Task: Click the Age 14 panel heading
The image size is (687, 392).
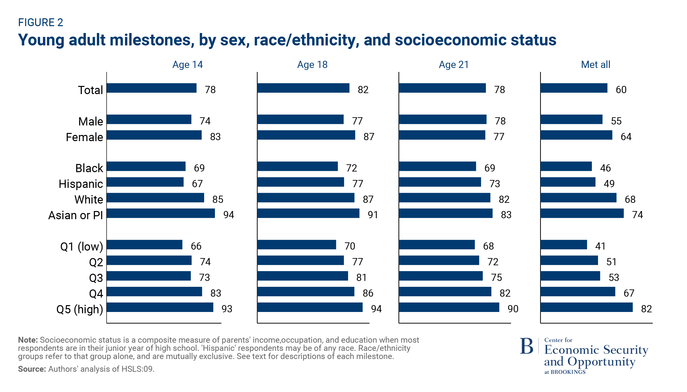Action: point(187,65)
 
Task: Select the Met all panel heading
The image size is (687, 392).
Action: point(595,65)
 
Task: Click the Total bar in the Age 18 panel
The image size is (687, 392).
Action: point(303,88)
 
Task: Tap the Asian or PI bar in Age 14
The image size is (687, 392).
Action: point(161,213)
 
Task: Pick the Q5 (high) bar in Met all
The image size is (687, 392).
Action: point(586,307)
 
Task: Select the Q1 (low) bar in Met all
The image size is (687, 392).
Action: point(563,245)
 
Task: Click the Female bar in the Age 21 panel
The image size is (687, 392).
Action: point(442,135)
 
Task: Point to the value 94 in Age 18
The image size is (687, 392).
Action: point(376,309)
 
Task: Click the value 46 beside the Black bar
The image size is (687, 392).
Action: point(605,168)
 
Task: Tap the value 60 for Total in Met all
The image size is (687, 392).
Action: point(621,90)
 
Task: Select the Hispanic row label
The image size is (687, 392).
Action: point(80,184)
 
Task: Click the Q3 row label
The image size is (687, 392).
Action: point(96,278)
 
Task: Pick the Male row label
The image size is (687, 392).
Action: point(91,122)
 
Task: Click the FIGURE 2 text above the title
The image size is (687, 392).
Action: point(41,22)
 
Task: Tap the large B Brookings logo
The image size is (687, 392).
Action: point(526,346)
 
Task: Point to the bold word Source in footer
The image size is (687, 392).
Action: point(32,369)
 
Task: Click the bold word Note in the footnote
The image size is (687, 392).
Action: point(27,340)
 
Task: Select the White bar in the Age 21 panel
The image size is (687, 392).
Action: point(444,198)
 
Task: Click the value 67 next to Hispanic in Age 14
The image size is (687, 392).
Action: point(197,184)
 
